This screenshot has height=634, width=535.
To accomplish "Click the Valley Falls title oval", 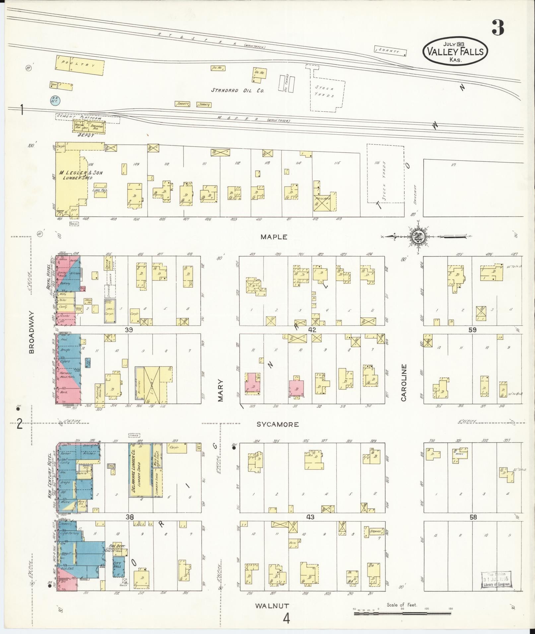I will tap(455, 51).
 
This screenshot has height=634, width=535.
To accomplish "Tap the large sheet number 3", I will tap(498, 28).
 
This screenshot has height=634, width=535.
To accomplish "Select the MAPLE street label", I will tap(274, 237).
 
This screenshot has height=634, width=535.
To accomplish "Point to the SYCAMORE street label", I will tap(278, 424).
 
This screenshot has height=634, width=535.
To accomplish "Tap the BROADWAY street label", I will tap(32, 332).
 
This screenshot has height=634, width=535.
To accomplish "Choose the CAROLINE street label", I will tap(404, 382).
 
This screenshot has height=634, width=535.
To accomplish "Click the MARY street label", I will tap(221, 391).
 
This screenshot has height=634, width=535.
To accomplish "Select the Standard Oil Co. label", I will tap(238, 90).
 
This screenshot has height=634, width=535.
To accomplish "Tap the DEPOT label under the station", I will tap(86, 135).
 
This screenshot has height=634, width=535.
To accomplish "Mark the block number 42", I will tap(312, 330).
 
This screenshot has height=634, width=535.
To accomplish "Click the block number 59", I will tap(472, 330).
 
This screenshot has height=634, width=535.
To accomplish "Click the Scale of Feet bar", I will tap(403, 614).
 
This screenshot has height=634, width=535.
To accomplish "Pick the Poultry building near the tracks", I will tap(80, 66).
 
